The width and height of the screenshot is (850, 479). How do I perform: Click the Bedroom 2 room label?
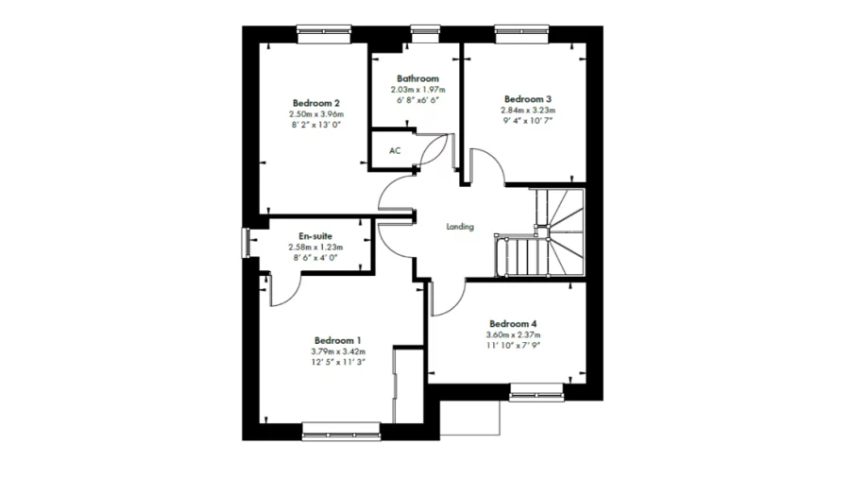pos(315,103)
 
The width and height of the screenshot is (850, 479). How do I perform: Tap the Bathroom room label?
pos(416,78)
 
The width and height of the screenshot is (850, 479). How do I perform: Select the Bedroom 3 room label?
pos(527,98)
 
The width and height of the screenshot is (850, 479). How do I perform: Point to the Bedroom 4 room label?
pos(515,323)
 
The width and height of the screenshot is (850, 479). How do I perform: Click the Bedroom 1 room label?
pos(338,340)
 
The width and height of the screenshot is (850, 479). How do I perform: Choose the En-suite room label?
pos(315,236)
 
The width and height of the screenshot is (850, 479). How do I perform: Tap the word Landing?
pos(460,227)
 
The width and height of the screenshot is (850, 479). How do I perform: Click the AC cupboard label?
pos(395,151)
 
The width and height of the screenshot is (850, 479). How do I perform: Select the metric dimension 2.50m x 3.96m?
pos(315,114)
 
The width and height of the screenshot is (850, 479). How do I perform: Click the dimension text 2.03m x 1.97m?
pos(416,90)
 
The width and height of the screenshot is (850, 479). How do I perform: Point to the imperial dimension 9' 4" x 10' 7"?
pos(527,121)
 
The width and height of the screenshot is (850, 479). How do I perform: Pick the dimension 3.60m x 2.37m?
pos(515,334)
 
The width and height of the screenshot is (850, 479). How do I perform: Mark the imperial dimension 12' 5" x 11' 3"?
pos(338,362)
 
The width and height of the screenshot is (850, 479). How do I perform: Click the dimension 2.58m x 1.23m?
pos(315,248)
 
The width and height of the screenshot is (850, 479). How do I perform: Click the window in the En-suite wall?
pos(246,242)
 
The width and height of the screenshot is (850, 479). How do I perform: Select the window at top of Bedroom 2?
pos(324,31)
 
